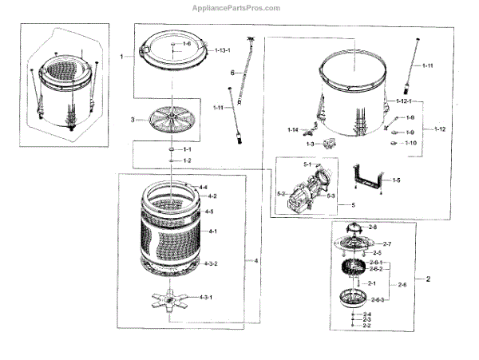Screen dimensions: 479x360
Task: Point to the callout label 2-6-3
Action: [378, 299]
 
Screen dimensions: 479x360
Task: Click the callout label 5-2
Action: [281, 193]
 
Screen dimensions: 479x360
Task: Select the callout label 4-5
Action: [208, 212]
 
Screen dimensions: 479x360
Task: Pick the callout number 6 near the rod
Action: [232, 73]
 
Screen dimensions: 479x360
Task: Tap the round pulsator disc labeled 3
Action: [168, 121]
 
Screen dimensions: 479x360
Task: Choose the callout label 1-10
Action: [410, 143]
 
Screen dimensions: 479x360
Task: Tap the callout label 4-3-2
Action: [211, 263]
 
